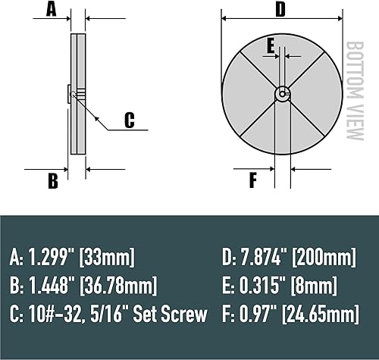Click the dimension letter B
pyautogui.click(x=52, y=181)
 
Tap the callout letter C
pyautogui.click(x=129, y=120)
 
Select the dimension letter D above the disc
pyautogui.click(x=280, y=10)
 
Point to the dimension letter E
pyautogui.click(x=270, y=45)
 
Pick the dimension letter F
pyautogui.click(x=252, y=180)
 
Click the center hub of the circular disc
pyautogui.click(x=281, y=94)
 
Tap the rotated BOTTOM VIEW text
pyautogui.click(x=353, y=91)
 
